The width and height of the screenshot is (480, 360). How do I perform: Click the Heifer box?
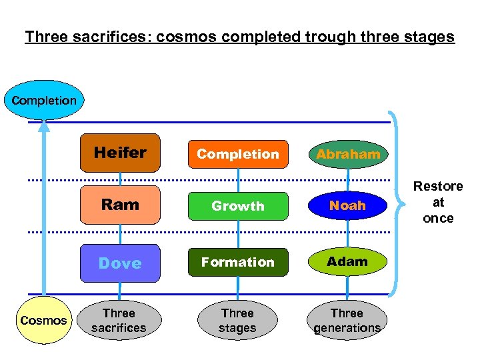tap(120, 153)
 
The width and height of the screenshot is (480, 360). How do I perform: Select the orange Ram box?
tap(120, 205)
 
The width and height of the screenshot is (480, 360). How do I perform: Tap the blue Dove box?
tap(120, 263)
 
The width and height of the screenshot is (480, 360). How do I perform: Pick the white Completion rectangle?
tap(238, 154)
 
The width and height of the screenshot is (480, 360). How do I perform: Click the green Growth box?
tap(238, 206)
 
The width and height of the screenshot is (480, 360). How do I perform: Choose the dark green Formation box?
tap(238, 262)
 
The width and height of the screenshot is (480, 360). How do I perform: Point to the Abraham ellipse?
tap(348, 154)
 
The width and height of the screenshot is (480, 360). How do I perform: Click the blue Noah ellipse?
tap(348, 205)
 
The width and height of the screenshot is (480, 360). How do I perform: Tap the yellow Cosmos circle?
tap(43, 320)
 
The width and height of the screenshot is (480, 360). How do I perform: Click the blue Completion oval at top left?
tap(44, 100)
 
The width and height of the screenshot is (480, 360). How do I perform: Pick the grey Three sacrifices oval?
tap(119, 320)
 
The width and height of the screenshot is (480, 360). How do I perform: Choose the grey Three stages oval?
tap(237, 320)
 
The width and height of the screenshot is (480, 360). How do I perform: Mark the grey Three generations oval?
tap(347, 320)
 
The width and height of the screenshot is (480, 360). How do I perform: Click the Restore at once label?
tap(438, 202)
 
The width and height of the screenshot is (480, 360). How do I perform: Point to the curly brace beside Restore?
tap(398, 202)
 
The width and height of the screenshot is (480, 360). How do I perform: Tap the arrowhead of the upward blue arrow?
tap(44, 127)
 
